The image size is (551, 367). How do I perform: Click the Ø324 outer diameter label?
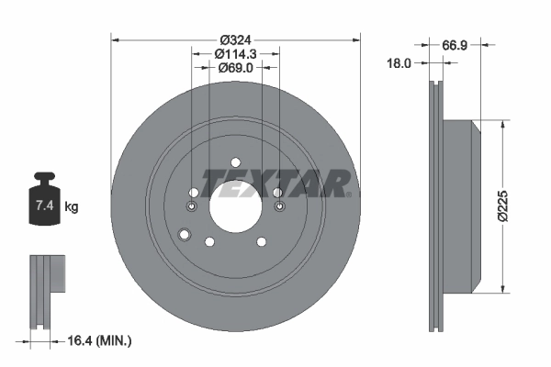(x=235, y=39)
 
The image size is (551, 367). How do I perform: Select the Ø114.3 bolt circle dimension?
(x=235, y=54)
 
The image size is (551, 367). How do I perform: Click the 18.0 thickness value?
(x=398, y=63)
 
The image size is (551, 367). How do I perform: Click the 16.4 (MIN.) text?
(x=99, y=340)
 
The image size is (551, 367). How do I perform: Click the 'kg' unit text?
(x=72, y=207)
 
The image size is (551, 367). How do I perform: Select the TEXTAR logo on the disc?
(x=274, y=183)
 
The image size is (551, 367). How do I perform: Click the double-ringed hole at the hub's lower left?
(x=186, y=236)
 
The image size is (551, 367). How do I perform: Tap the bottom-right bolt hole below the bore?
(x=261, y=241)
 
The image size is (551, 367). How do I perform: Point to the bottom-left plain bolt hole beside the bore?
(x=209, y=241)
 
